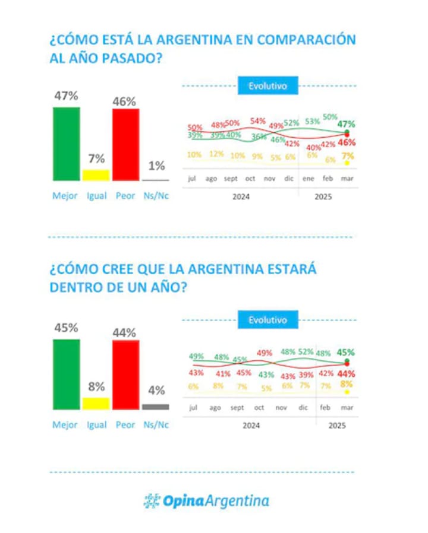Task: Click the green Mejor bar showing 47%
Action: click(66, 144)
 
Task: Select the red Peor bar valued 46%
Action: click(125, 144)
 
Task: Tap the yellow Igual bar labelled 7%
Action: click(96, 175)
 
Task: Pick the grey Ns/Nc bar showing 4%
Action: click(155, 407)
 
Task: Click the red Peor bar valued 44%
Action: click(125, 375)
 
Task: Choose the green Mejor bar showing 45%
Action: click(66, 374)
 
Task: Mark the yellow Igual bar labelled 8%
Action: click(96, 404)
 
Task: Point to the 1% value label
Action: click(156, 167)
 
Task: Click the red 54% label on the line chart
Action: click(257, 121)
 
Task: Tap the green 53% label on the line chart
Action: click(312, 121)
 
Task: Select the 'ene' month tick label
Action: click(308, 178)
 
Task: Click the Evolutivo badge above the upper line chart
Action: click(267, 86)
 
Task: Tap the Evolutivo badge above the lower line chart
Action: click(267, 320)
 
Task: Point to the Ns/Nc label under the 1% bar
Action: click(156, 196)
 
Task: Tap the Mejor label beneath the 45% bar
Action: click(65, 425)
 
